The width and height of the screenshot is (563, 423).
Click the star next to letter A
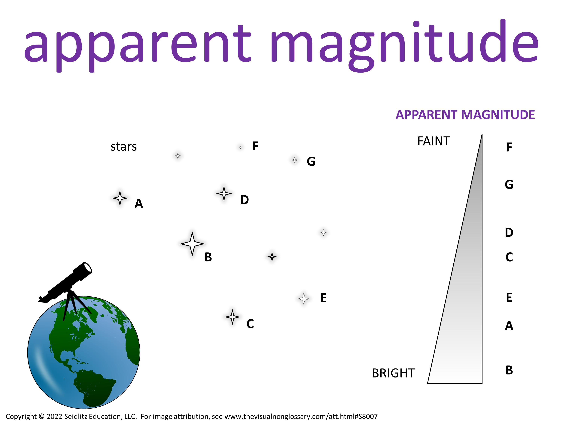[x=120, y=198]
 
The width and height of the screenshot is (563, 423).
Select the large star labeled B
[x=192, y=244]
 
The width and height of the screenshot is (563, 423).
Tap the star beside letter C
[x=232, y=317]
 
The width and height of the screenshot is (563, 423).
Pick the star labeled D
[x=224, y=193]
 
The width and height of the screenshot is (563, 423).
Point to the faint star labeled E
[x=304, y=299]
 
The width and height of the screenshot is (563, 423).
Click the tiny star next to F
[x=241, y=147]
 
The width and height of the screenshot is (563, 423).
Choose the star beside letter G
[x=294, y=160]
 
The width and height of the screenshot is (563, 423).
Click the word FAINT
[x=434, y=141]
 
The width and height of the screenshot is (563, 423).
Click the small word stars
[x=123, y=147]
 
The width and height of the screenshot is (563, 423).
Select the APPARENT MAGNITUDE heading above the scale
[x=465, y=115]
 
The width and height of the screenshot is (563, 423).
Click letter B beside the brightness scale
[x=509, y=370]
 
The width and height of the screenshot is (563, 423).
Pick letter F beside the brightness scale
[x=509, y=147]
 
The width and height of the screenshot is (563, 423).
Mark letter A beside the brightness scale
[x=509, y=325]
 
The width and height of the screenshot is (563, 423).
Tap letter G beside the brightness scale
[x=509, y=184]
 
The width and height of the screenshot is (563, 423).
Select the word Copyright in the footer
[x=21, y=417]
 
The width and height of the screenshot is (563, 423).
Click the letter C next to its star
[x=250, y=324]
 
